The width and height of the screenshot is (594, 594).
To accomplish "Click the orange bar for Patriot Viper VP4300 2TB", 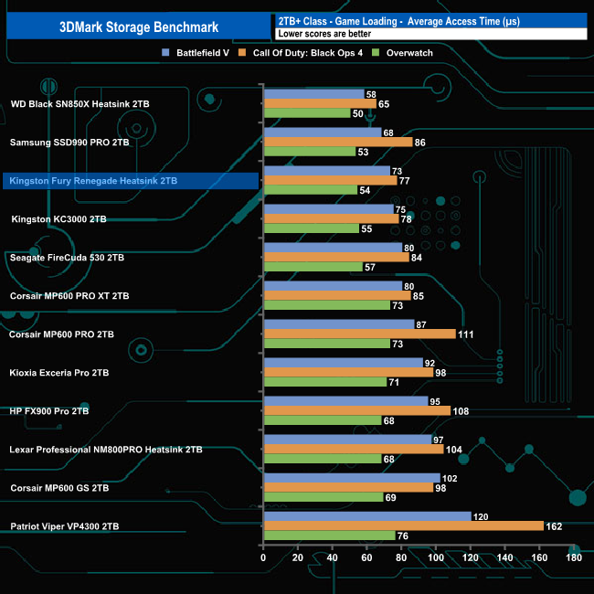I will pyautogui.click(x=403, y=525).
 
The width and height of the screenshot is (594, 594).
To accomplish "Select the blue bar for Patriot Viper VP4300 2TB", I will pyautogui.click(x=366, y=516).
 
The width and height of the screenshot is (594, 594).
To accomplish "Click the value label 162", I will pyautogui.click(x=553, y=526).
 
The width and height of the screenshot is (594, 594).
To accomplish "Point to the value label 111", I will pyautogui.click(x=466, y=334).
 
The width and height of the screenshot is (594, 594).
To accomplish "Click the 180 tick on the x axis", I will pyautogui.click(x=573, y=557).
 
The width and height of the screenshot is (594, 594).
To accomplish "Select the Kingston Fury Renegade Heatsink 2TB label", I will pyautogui.click(x=93, y=181).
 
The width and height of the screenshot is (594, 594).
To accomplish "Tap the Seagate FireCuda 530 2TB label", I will pyautogui.click(x=67, y=258).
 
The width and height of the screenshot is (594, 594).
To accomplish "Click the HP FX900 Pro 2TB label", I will pyautogui.click(x=49, y=411).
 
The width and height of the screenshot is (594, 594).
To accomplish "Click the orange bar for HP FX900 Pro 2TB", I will pyautogui.click(x=356, y=410).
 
